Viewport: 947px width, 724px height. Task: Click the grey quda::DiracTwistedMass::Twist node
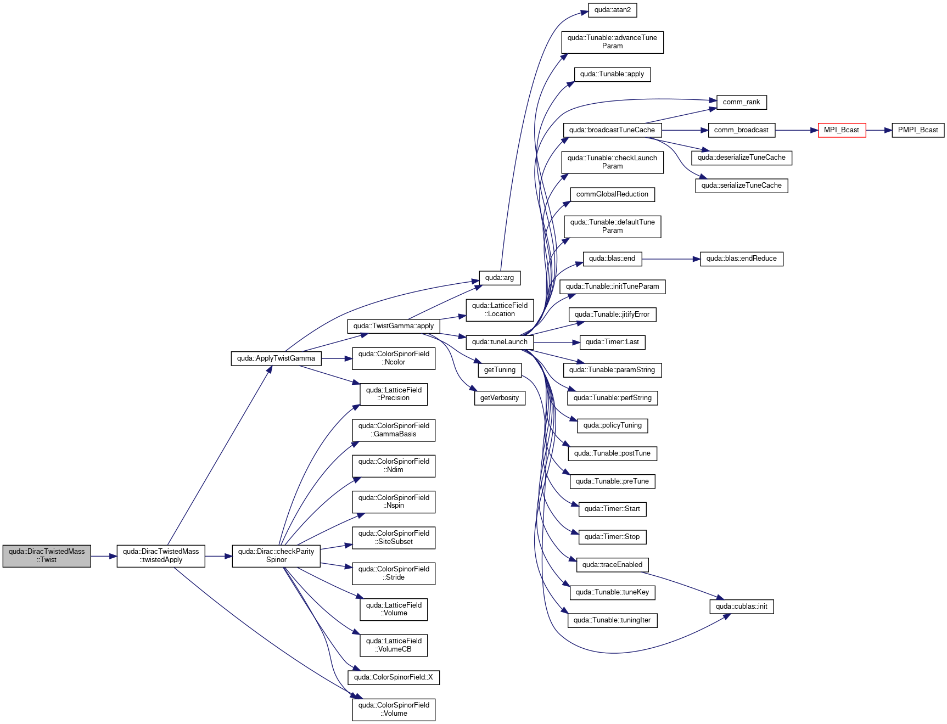click(x=47, y=556)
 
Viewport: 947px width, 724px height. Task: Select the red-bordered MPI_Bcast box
click(x=842, y=130)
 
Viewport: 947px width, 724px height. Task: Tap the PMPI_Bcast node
click(x=918, y=130)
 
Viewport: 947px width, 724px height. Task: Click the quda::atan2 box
click(x=612, y=10)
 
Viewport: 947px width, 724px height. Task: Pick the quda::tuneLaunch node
click(x=500, y=342)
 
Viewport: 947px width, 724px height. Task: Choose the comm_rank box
click(x=741, y=102)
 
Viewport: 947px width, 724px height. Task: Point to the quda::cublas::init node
click(x=741, y=607)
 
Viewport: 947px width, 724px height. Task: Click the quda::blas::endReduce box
click(x=741, y=259)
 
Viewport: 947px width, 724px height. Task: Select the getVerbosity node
click(x=500, y=398)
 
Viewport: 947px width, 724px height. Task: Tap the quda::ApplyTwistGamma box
click(x=276, y=358)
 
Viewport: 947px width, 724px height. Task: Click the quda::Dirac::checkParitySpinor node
click(x=276, y=556)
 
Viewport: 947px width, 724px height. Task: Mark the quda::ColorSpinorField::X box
click(x=394, y=677)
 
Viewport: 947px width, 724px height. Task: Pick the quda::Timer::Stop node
click(x=612, y=537)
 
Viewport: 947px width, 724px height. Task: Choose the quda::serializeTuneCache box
click(x=741, y=186)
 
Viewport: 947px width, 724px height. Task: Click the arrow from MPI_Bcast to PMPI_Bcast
click(x=879, y=130)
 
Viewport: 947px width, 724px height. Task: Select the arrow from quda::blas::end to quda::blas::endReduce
click(x=671, y=259)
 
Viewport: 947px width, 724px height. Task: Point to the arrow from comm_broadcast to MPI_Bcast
click(x=797, y=130)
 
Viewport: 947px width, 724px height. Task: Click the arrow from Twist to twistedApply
click(x=104, y=556)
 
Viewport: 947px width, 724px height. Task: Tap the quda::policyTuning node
click(x=612, y=425)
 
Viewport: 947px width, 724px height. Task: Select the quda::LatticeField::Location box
click(x=500, y=310)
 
